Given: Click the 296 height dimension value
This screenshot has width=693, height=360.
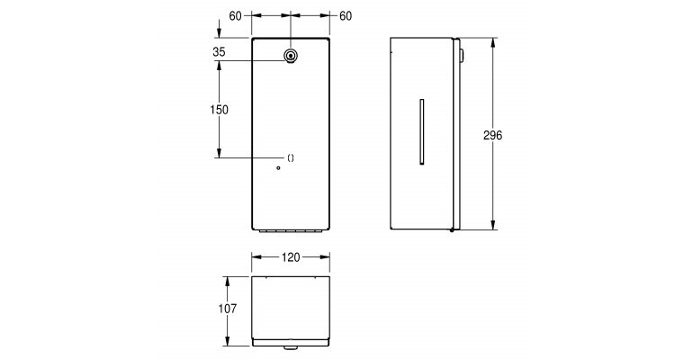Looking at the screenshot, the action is (x=492, y=135).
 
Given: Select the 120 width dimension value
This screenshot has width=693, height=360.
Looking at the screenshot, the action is (x=291, y=257).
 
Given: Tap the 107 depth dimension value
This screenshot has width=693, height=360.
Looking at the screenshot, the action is (x=227, y=309).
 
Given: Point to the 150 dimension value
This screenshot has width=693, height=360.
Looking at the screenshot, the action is (x=219, y=110).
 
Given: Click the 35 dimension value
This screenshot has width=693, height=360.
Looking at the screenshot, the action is (x=219, y=51).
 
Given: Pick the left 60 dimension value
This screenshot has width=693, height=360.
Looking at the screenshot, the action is (x=235, y=16).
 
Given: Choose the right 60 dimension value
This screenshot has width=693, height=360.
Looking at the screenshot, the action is (x=346, y=16).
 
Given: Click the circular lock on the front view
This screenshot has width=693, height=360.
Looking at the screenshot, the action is (x=291, y=56).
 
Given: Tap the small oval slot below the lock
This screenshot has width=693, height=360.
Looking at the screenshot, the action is (x=291, y=158).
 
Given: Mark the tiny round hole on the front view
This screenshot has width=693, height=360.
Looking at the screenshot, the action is (x=278, y=168).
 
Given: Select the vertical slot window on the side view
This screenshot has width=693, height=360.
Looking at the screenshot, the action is (x=421, y=131).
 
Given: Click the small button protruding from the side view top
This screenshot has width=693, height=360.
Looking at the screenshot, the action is (x=462, y=55).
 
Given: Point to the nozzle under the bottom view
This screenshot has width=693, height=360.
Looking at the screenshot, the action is (x=290, y=348).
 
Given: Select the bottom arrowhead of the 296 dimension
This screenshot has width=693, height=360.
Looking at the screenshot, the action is (x=493, y=225).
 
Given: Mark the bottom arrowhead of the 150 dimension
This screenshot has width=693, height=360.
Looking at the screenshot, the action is (x=219, y=153).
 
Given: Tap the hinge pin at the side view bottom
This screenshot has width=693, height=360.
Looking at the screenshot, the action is (x=452, y=229).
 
